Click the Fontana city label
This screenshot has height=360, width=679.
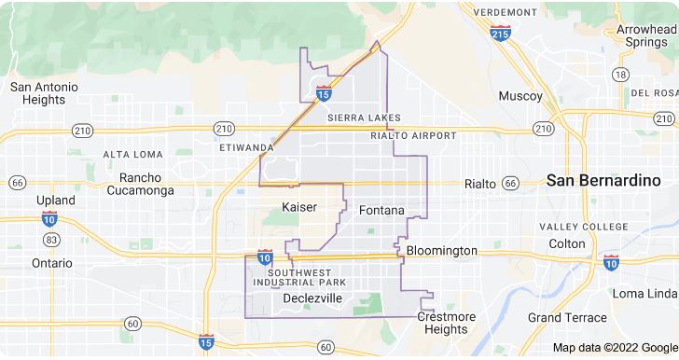coord(381,211)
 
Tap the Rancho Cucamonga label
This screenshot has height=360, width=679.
coord(141,184)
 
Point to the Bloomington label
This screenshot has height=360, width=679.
coord(441,251)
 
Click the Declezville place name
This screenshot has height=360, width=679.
coord(312,298)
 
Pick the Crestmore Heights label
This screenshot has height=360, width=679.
coord(446,323)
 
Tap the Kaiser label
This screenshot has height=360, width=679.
coord(298,206)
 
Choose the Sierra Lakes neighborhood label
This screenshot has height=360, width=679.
coord(364,118)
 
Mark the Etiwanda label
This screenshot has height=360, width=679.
coord(245,147)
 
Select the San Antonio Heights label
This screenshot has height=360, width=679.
coord(44,93)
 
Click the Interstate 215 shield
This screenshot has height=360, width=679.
coord(500,33)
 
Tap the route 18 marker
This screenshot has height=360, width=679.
coord(620,74)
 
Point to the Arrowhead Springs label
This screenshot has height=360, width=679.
coord(646,36)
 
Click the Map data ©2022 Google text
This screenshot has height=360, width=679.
coord(614,348)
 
